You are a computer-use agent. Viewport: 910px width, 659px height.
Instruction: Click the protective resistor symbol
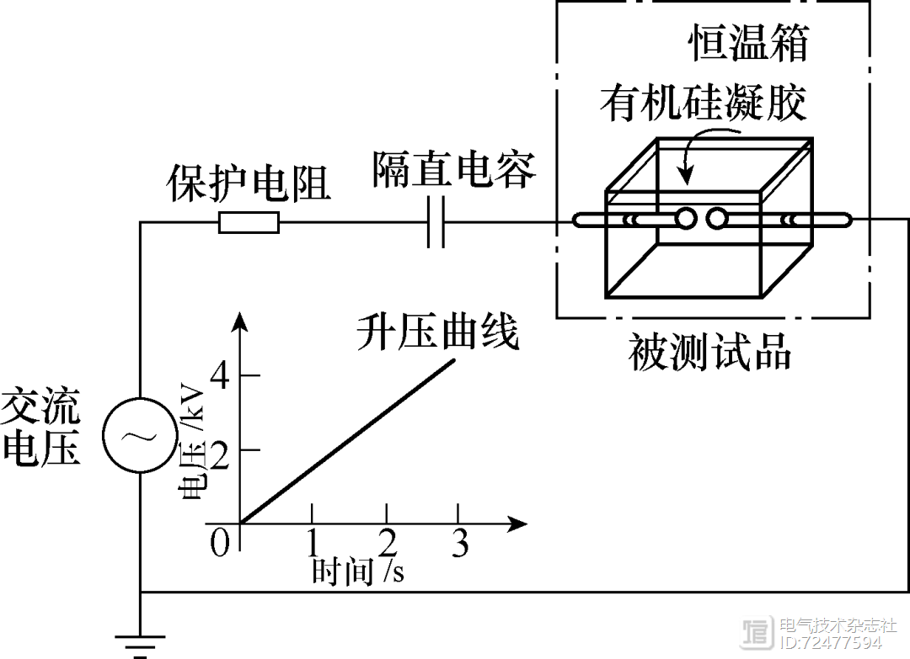(249, 222)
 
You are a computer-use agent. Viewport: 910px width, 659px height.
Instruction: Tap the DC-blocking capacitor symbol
(435, 222)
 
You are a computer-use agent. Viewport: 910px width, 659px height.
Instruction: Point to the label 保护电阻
(249, 183)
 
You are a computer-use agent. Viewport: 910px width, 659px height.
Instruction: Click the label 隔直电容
(453, 171)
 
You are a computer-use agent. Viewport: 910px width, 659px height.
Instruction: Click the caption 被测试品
(710, 353)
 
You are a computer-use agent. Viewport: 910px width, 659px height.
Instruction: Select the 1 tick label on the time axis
(313, 543)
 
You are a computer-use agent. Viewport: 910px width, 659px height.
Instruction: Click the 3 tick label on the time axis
(458, 543)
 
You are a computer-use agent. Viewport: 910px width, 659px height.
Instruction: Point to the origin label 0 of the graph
(219, 543)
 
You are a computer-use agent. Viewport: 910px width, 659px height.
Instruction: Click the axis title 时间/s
(357, 571)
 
